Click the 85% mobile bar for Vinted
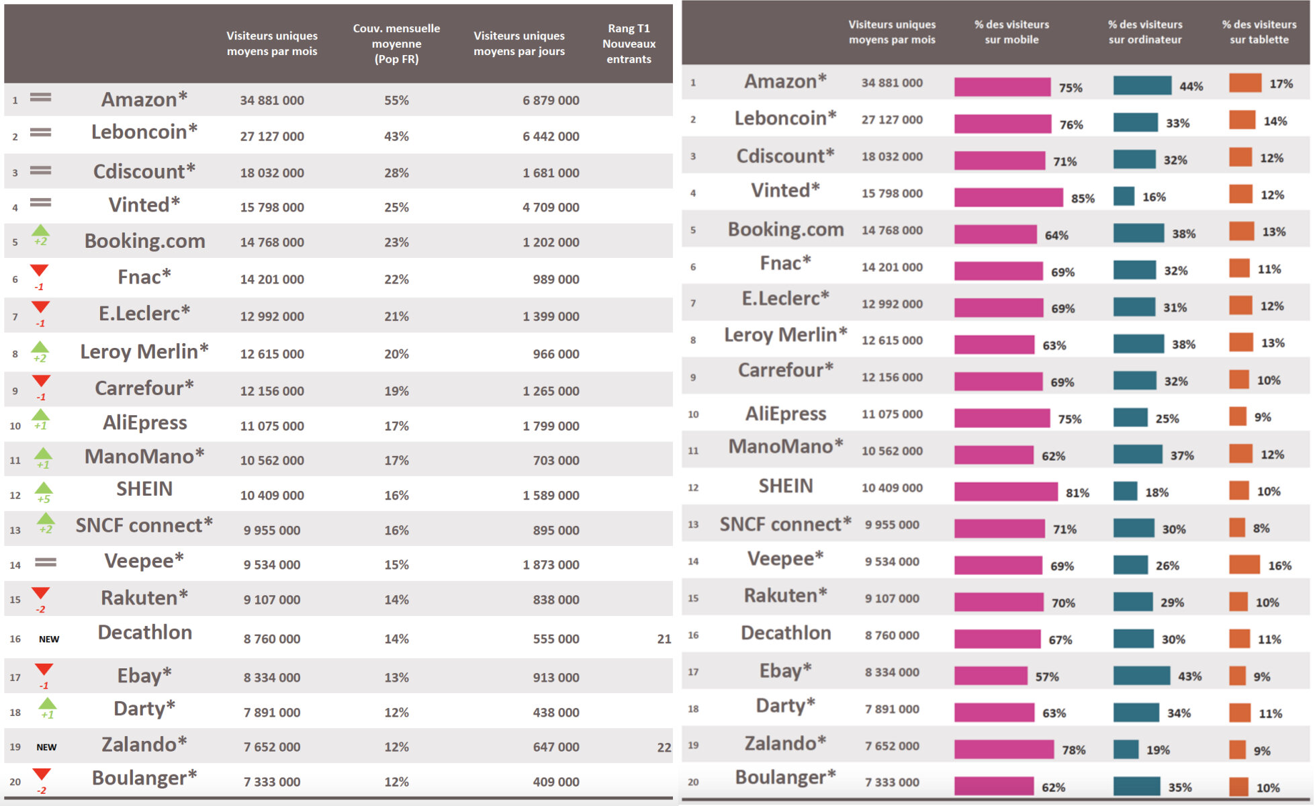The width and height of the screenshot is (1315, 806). pos(1008,197)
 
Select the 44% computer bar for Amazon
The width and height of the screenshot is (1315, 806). pos(1142,85)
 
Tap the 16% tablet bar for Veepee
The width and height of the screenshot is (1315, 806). pos(1244,565)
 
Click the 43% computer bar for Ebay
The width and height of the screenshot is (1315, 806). pos(1141,676)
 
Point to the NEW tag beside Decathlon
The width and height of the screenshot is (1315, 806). pos(49,639)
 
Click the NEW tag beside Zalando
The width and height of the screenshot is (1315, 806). pos(46,747)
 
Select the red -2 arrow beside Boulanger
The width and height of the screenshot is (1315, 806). pos(42,780)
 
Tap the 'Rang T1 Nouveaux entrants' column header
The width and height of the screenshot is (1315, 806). pos(629,44)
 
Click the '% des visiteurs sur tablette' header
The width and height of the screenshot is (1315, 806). pos(1259,32)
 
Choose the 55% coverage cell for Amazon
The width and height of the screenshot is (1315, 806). pos(396,100)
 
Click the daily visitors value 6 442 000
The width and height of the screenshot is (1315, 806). pos(551,136)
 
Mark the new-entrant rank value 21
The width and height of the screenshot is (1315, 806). pos(664,639)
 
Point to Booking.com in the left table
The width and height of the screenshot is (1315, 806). pos(144,241)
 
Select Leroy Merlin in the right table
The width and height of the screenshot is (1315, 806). pos(785,334)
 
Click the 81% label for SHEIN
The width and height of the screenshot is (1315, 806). pos(1077,493)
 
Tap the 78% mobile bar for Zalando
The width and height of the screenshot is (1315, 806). pos(1003,749)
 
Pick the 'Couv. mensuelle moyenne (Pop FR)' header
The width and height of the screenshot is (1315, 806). pos(396,44)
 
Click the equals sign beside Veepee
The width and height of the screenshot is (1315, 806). pos(46,562)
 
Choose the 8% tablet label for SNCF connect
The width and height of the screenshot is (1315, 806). pos(1261,529)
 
